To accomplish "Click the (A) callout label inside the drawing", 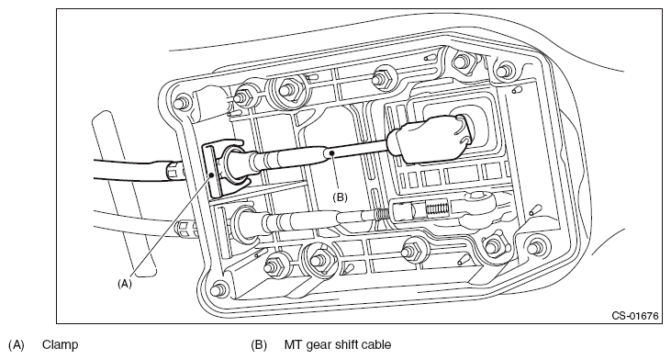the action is point(125,284).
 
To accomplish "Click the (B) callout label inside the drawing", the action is point(341,197).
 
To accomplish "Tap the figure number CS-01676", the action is point(635,316).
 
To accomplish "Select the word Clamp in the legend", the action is point(61,344).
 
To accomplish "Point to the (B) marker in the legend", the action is point(259,345).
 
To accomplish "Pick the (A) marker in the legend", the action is point(17,345).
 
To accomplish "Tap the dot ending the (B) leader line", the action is point(331,152).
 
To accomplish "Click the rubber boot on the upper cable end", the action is point(431,139).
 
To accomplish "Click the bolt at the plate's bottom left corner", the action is point(219,287).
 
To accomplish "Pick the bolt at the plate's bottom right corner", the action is point(533,248).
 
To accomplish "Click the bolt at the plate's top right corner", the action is point(505,69).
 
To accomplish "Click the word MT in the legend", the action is point(293,344).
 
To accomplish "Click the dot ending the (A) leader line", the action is point(211,174).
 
